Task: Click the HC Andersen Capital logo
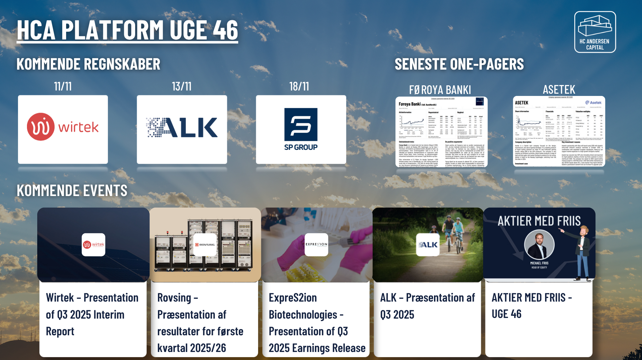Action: [595, 32]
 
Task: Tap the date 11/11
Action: [63, 86]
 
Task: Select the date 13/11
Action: [182, 86]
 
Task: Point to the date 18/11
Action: [299, 86]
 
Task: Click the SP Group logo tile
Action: [301, 129]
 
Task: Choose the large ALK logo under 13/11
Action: [182, 128]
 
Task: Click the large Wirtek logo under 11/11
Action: [63, 127]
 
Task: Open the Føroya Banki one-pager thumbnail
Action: [441, 132]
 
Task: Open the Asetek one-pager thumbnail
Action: [559, 131]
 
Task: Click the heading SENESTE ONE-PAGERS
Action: [459, 64]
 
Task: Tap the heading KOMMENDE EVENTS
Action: [72, 191]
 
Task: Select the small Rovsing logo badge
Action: [205, 244]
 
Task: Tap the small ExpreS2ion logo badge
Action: [316, 244]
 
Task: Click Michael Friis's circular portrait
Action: [539, 244]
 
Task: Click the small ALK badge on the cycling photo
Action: [428, 244]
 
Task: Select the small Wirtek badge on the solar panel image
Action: [93, 244]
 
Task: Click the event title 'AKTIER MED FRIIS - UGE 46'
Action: [532, 306]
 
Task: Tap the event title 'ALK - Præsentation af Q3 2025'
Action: [427, 306]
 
